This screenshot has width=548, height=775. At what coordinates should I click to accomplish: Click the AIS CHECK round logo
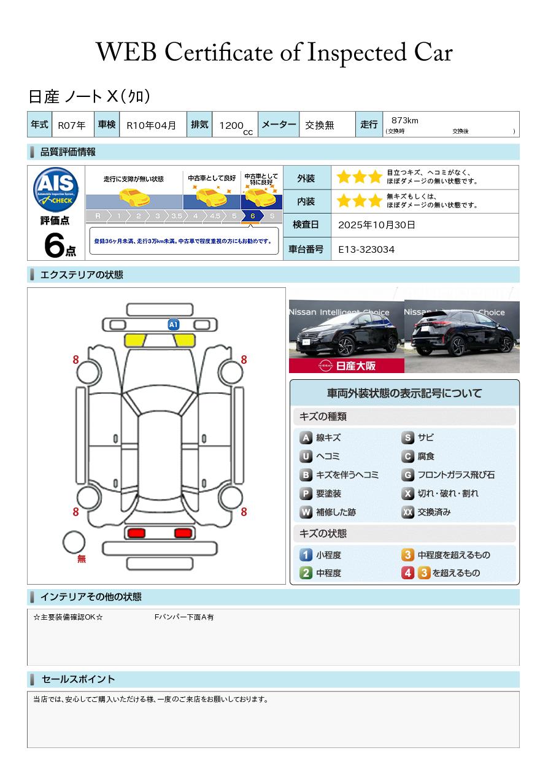click(56, 189)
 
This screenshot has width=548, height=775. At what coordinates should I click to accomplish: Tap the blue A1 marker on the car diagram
click(173, 325)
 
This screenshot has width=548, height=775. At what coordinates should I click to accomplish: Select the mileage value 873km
click(404, 120)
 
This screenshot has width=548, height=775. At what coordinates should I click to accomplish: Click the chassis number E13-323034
click(366, 249)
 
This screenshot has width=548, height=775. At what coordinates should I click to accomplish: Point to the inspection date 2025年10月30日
click(376, 225)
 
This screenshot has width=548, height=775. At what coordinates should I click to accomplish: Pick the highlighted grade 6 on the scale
click(253, 216)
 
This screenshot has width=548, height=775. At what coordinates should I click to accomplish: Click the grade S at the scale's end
click(272, 216)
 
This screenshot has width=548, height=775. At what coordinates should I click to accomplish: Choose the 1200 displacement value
click(231, 125)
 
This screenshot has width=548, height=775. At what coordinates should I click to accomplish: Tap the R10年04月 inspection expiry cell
click(151, 125)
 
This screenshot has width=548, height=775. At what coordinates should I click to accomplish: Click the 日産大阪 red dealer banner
click(346, 365)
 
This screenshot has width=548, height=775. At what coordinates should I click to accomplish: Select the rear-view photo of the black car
click(462, 336)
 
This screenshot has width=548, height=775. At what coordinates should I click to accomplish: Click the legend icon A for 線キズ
click(306, 438)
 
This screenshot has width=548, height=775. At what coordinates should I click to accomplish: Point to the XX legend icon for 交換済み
click(407, 512)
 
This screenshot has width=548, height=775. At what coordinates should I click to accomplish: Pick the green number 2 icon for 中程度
click(306, 573)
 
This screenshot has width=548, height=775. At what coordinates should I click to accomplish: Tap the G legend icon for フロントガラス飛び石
click(407, 475)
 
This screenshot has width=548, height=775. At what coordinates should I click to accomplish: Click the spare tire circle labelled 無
click(74, 542)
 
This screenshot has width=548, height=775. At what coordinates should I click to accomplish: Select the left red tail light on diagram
click(136, 533)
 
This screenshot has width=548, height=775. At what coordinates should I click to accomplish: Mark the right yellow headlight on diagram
click(184, 341)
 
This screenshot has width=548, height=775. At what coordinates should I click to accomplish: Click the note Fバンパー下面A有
click(184, 617)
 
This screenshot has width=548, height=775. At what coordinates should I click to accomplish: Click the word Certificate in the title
click(218, 52)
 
